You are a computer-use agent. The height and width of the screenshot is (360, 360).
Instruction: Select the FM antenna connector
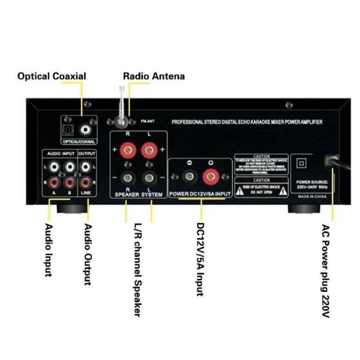(121, 121)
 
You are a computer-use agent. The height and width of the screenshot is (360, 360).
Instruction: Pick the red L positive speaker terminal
(148, 150)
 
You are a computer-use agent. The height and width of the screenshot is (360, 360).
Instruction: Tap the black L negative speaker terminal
(148, 177)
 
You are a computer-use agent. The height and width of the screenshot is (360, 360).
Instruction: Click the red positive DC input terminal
(210, 176)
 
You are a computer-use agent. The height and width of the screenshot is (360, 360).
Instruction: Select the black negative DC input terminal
(188, 176)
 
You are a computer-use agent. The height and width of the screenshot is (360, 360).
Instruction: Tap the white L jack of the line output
(86, 166)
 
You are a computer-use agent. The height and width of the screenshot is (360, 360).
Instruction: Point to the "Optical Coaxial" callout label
(51, 76)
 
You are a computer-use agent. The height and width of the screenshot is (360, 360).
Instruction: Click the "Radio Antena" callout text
(154, 76)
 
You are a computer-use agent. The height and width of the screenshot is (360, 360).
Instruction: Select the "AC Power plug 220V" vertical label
(326, 271)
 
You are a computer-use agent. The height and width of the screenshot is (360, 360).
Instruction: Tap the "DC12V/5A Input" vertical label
(200, 259)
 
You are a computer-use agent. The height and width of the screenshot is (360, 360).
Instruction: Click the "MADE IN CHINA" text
(312, 197)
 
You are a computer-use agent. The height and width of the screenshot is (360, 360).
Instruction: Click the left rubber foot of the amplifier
(72, 207)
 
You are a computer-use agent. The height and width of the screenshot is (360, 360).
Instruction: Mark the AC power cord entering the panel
(340, 162)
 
